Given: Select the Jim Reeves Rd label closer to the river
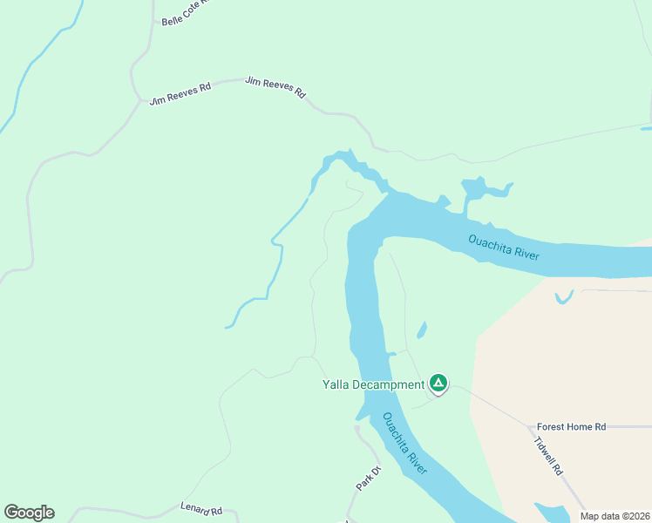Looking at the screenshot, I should coord(275,87).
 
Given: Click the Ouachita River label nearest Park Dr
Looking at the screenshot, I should coord(405,444).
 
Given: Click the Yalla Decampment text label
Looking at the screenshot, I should coord(373,384).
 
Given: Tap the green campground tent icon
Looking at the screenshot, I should coord(438,383).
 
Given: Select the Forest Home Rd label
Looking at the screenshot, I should coord(571,426).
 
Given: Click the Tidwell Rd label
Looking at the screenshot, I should coord(549,455).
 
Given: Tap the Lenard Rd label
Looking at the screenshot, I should coord(201,508).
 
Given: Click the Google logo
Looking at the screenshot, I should coord(29,513).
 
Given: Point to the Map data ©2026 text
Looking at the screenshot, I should coord(615,516).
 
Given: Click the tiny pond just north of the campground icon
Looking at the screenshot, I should coord(423,330).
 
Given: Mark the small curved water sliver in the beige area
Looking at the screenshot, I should coord(564,297).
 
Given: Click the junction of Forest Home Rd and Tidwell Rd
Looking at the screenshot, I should coord(530,427).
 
